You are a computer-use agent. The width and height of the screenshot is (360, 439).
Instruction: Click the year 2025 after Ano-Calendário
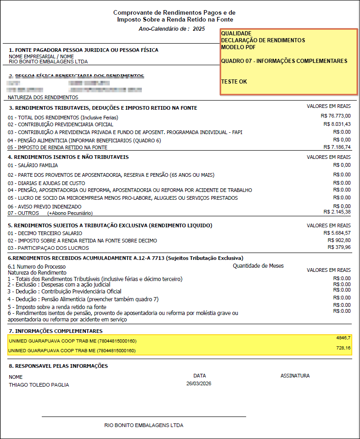(199, 29)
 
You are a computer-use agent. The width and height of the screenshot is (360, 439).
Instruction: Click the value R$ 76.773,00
(337, 116)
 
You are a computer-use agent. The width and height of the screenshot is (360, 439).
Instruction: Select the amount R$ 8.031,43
(337, 124)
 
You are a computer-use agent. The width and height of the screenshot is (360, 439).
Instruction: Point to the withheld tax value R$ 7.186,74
(337, 147)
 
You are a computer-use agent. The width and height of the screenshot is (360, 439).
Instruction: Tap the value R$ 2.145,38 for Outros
(337, 212)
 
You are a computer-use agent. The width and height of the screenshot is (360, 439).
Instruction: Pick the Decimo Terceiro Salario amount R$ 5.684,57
(337, 233)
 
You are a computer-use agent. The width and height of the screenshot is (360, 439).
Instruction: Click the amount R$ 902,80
(339, 240)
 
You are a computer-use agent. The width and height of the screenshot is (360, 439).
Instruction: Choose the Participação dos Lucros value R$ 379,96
(339, 248)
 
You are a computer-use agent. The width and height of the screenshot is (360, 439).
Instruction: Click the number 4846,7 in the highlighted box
(343, 338)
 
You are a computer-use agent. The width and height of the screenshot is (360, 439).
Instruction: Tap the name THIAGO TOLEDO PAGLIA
(39, 385)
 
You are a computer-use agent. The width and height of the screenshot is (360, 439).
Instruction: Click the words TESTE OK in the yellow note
(234, 81)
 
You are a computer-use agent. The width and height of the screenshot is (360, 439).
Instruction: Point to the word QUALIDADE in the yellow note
(236, 34)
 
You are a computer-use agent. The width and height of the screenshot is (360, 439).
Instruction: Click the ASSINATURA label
(295, 376)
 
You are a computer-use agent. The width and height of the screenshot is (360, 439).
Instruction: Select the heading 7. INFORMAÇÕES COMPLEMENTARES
(56, 331)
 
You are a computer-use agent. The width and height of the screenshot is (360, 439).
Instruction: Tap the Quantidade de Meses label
(258, 265)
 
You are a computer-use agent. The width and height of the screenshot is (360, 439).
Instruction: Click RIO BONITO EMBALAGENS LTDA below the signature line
(144, 425)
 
